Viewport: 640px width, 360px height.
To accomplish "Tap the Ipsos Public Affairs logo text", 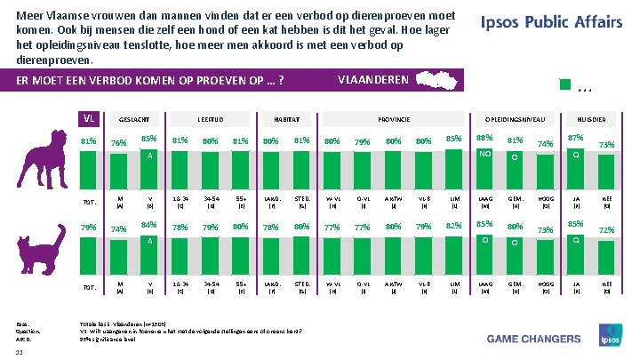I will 551,23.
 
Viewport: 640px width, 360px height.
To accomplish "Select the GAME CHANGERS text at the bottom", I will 524,338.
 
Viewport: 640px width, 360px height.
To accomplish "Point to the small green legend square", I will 564,85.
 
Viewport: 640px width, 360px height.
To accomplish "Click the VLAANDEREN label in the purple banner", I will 373,80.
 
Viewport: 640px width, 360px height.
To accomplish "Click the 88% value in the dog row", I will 485,138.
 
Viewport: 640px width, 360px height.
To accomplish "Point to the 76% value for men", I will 118,143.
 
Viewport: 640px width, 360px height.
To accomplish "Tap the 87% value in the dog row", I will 575,138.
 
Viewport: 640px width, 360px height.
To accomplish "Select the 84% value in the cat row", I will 149,225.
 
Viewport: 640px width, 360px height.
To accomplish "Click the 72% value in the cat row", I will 607,230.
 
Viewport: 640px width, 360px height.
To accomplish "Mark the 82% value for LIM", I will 454,226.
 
